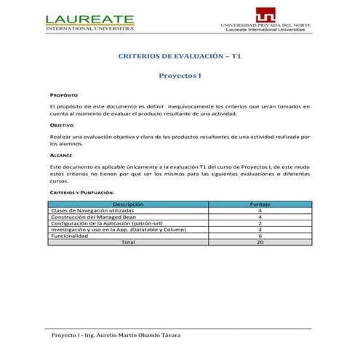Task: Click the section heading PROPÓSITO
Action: point(64,95)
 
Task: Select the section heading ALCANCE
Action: point(61,156)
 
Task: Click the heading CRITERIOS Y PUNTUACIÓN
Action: point(82,192)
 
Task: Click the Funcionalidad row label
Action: point(69,236)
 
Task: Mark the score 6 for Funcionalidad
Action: point(260,236)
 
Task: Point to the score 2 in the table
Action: point(260,223)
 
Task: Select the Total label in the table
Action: point(128,242)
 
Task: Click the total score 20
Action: point(260,242)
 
